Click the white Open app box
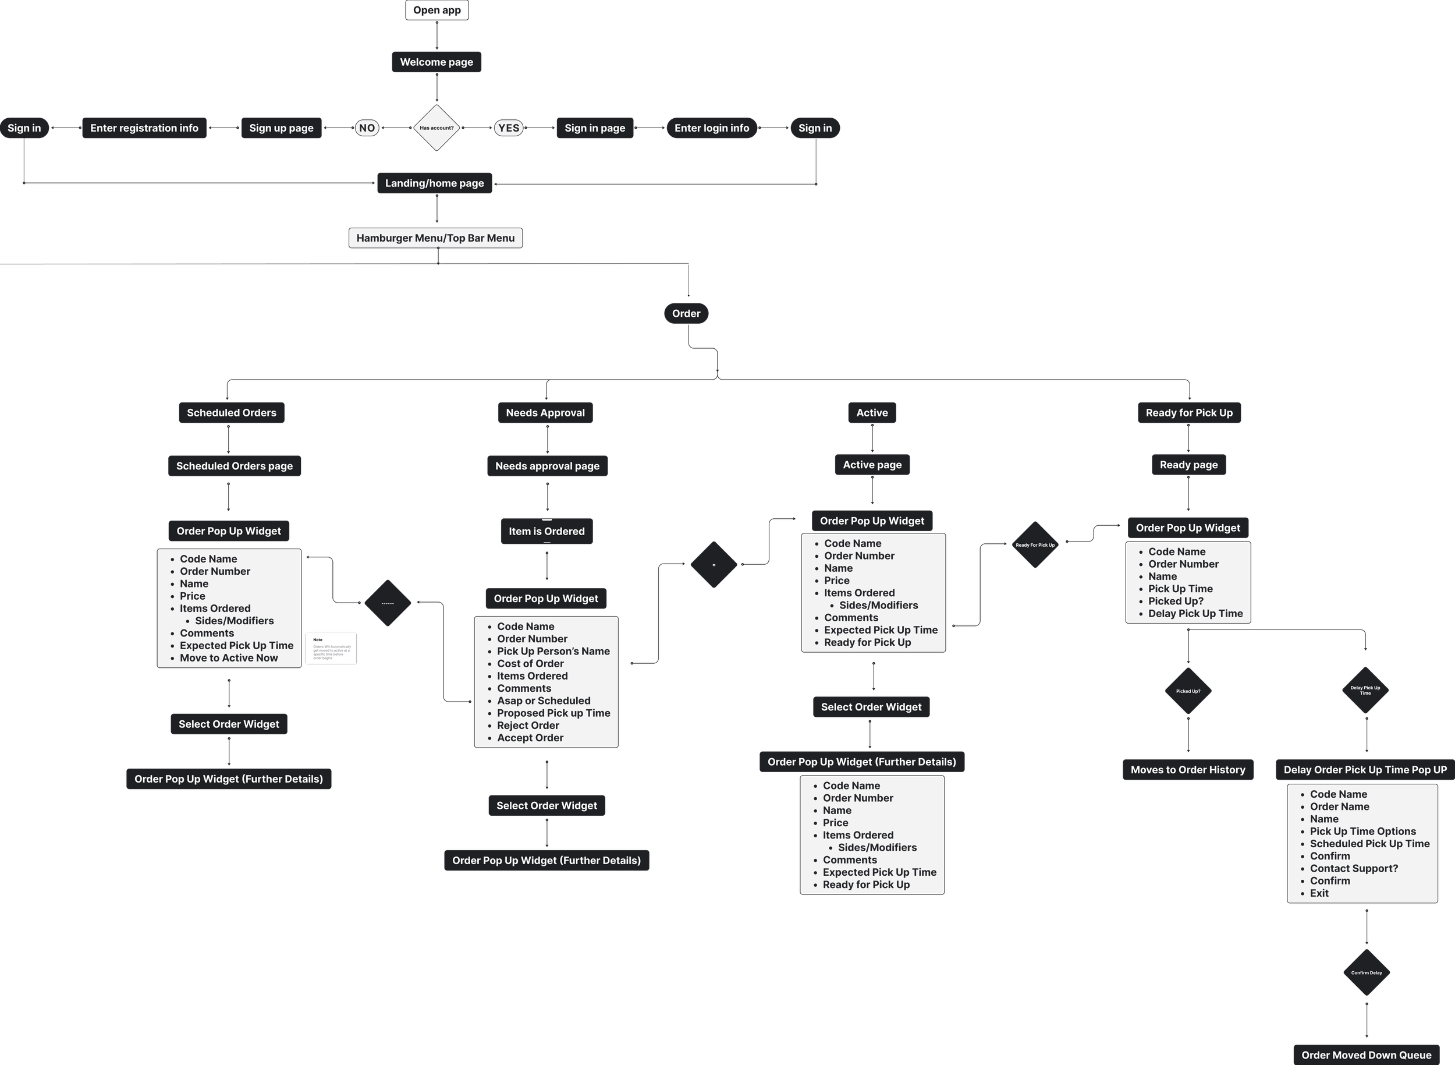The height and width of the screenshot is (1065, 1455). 436,10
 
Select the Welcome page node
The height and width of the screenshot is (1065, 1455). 436,62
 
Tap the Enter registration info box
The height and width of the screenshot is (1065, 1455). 144,128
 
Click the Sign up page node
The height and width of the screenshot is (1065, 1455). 281,128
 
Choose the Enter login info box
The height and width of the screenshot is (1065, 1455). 711,128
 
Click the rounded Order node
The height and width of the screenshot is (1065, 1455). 686,314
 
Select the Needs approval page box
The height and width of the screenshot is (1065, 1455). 547,466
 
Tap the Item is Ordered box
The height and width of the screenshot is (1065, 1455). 546,532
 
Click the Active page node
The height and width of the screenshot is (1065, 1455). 872,465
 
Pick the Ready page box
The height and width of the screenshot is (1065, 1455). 1188,465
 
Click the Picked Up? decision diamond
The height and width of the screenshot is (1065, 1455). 1188,691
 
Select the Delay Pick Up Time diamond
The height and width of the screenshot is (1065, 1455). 1365,690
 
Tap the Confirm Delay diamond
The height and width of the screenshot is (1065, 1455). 1366,973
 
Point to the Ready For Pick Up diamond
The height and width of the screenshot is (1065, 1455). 1035,546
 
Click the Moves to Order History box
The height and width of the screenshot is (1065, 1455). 1188,770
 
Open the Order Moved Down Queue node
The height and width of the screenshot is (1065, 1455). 1366,1055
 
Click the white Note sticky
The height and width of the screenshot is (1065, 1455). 331,649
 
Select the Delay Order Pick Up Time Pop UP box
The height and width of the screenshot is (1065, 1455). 1365,770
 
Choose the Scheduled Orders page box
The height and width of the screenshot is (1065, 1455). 234,466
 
